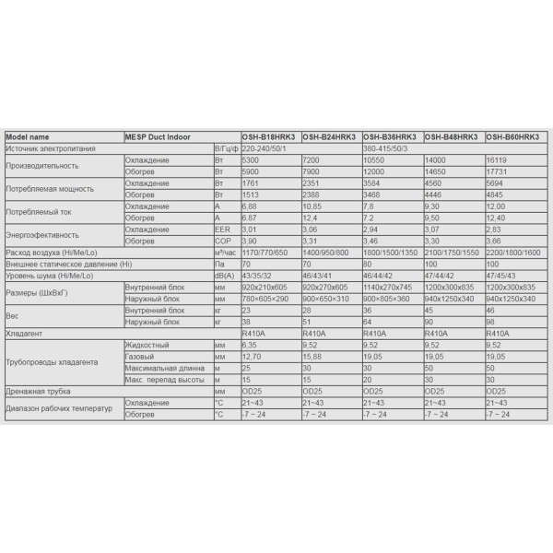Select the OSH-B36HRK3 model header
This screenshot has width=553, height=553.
coord(392,137)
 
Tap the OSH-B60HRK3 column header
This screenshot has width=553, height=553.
coord(512,137)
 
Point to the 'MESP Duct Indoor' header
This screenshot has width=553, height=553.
coord(156,137)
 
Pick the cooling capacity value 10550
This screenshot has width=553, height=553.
coord(375,159)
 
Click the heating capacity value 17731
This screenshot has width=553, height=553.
coord(497,171)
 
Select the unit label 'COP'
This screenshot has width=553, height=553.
coord(222,240)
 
